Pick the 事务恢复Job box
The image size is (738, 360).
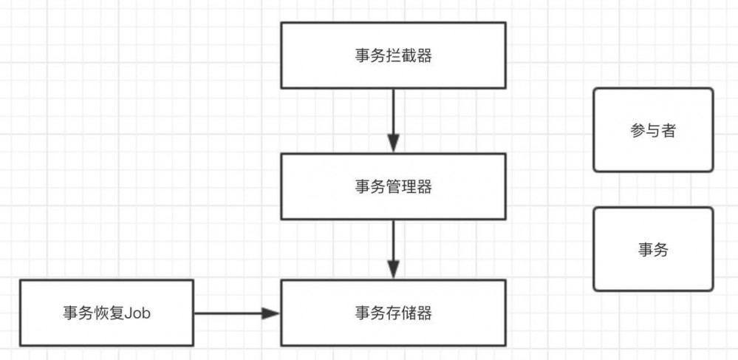pyautogui.click(x=106, y=313)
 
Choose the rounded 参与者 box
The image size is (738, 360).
pyautogui.click(x=653, y=130)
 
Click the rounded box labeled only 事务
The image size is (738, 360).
pyautogui.click(x=653, y=249)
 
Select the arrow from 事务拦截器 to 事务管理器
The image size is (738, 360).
pyautogui.click(x=393, y=115)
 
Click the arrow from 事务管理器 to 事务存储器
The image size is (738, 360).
pyautogui.click(x=393, y=244)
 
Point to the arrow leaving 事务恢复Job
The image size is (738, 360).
pyautogui.click(x=229, y=313)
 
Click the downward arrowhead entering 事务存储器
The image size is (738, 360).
pyautogui.click(x=393, y=270)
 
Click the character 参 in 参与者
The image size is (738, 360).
pyautogui.click(x=638, y=130)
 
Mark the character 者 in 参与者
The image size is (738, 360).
pyautogui.click(x=669, y=130)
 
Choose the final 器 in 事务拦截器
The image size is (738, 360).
pyautogui.click(x=424, y=56)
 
